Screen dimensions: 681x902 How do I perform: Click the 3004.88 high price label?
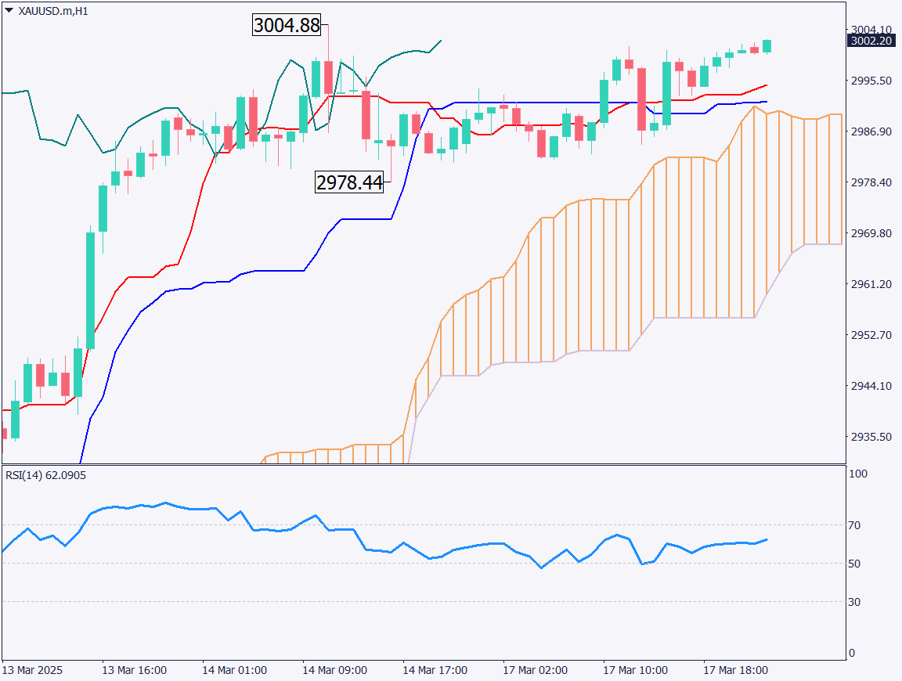coord(287,25)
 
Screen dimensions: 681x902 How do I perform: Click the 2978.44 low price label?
coord(349,183)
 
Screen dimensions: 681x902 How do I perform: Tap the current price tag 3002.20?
coord(872,41)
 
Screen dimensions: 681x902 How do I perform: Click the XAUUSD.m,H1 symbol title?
coord(52,11)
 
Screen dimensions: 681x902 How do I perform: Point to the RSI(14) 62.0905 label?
coord(46,475)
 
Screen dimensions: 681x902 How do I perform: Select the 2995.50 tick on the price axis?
coord(871,81)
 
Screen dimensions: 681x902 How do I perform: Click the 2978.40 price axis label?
coord(871,182)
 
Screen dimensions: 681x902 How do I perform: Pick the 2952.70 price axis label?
coord(871,335)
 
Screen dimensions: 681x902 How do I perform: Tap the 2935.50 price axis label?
coord(871,437)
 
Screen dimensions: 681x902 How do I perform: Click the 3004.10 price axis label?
coord(871,30)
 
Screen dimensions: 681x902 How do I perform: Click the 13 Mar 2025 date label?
coord(32,671)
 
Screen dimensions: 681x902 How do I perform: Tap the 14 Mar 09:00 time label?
coord(334,671)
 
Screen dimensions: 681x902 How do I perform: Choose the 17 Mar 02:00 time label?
coord(535,671)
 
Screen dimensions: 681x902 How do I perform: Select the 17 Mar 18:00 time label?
coord(735,671)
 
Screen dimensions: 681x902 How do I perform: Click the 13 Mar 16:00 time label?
coord(134,671)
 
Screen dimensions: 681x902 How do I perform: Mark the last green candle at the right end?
coord(767,46)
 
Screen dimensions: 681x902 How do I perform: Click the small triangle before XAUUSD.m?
coord(9,11)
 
